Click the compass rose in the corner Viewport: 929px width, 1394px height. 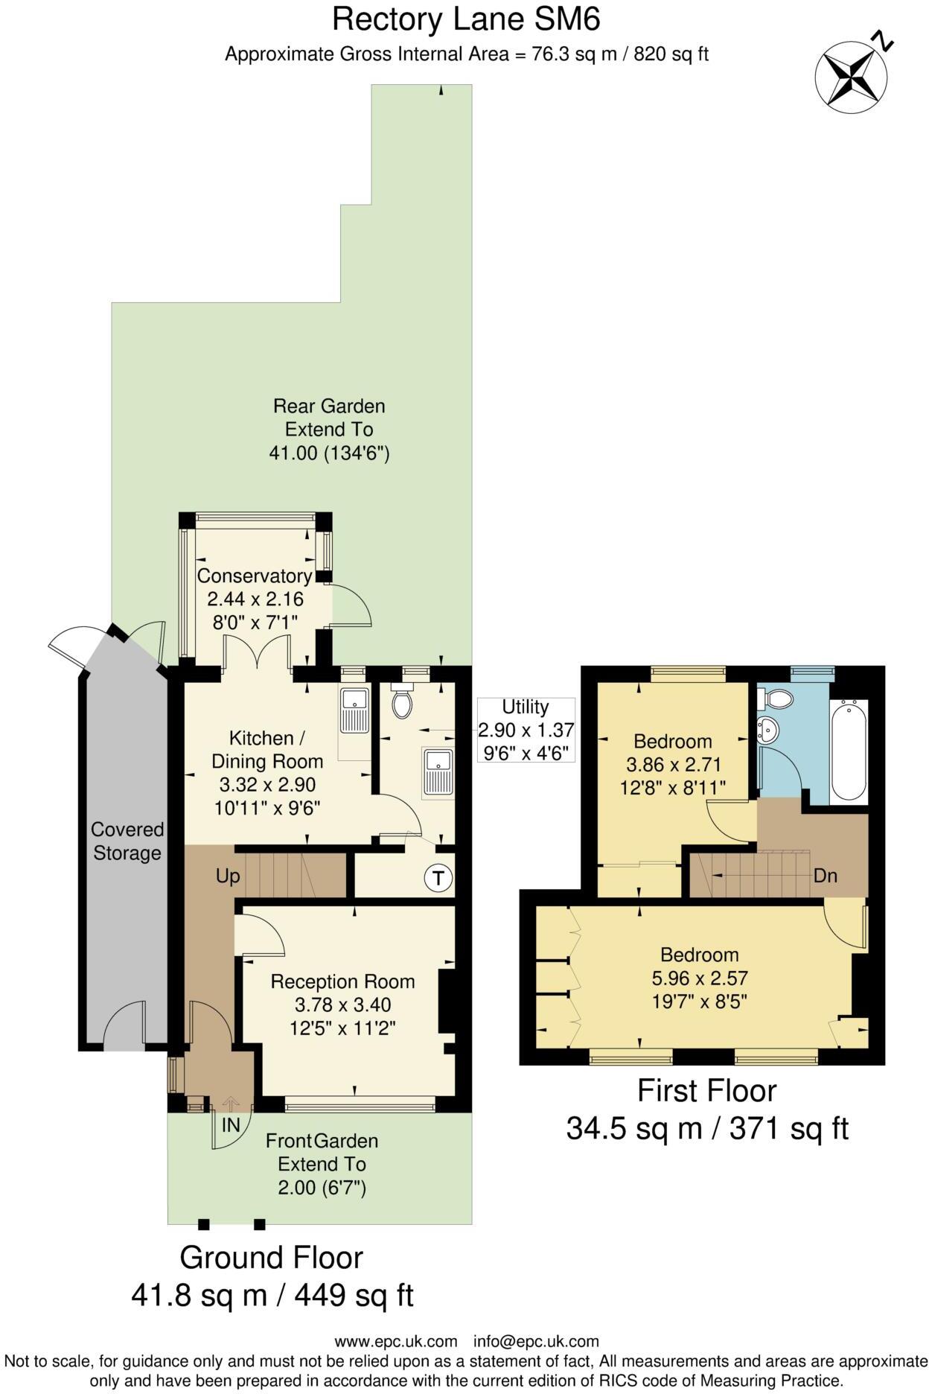[x=851, y=75]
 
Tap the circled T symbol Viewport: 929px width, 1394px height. [x=438, y=878]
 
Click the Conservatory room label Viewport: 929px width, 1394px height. [x=255, y=576]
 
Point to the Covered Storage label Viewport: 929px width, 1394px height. [x=127, y=841]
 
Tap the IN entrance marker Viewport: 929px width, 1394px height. [x=231, y=1125]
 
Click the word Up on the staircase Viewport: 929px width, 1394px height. [x=228, y=876]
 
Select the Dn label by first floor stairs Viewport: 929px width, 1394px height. [x=826, y=876]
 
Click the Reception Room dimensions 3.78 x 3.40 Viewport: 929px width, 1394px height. [x=342, y=1005]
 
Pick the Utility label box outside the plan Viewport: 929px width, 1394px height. [x=526, y=729]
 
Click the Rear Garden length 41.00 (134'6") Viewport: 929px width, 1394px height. [x=329, y=453]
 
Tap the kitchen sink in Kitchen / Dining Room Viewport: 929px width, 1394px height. [x=354, y=710]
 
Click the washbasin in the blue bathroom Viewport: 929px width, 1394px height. [x=767, y=729]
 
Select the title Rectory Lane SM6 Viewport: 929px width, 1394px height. [x=466, y=19]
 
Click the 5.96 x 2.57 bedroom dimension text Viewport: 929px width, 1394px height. [x=699, y=978]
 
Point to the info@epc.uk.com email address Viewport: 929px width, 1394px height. [x=536, y=1341]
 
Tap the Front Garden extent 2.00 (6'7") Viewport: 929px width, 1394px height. [x=322, y=1187]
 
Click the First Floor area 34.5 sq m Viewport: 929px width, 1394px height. [x=635, y=1128]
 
